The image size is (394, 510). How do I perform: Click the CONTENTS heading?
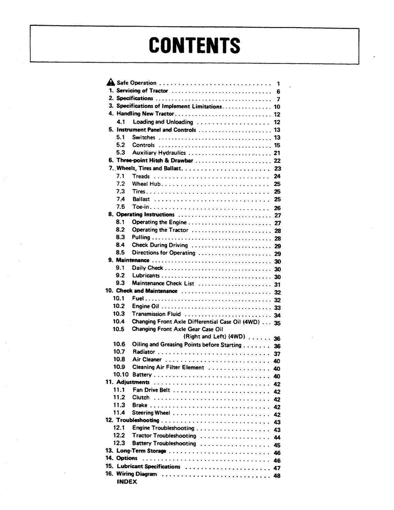pyautogui.click(x=194, y=45)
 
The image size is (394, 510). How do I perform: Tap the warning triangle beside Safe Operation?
pyautogui.click(x=110, y=82)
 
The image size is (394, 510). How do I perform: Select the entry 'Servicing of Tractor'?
pyautogui.click(x=142, y=91)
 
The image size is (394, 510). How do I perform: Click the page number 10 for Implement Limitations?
pyautogui.click(x=277, y=107)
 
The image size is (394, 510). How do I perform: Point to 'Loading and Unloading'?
pyautogui.click(x=163, y=122)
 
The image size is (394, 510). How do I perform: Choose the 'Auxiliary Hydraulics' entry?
pyautogui.click(x=159, y=153)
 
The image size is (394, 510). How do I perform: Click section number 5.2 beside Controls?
pyautogui.click(x=120, y=145)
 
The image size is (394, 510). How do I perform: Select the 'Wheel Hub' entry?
pyautogui.click(x=146, y=184)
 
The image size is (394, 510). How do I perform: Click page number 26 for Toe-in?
pyautogui.click(x=277, y=208)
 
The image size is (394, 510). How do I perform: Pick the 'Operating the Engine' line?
pyautogui.click(x=159, y=222)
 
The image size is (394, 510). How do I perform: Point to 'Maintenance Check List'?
pyautogui.click(x=163, y=283)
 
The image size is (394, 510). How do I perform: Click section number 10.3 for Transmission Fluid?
pyautogui.click(x=119, y=314)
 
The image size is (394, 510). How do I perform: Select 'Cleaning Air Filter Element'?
pyautogui.click(x=168, y=367)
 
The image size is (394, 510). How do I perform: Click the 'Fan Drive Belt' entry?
pyautogui.click(x=151, y=390)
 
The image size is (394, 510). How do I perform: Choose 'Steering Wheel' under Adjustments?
pyautogui.click(x=151, y=413)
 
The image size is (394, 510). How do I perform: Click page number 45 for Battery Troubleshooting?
pyautogui.click(x=277, y=445)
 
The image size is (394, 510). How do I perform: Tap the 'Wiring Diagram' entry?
pyautogui.click(x=137, y=474)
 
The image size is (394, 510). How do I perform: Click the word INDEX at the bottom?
pyautogui.click(x=127, y=482)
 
